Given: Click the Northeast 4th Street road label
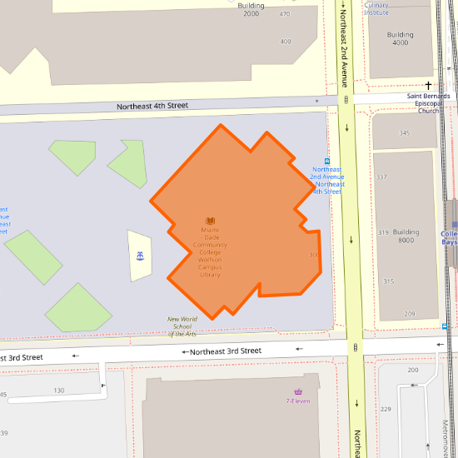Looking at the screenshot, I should (152, 106).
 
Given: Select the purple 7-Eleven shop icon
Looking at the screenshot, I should (298, 391).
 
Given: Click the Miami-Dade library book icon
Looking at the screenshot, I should (210, 221).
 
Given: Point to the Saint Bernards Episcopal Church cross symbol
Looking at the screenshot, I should (430, 86).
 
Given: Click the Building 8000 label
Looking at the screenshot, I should (406, 236).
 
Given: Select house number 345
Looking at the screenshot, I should (405, 133).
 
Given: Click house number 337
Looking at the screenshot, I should (382, 177).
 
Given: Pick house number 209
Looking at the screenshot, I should (410, 314).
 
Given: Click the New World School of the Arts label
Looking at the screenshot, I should (182, 326).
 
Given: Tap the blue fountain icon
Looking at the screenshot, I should (140, 255).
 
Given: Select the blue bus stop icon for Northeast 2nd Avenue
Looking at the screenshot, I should (327, 162).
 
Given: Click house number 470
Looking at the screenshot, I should (286, 14).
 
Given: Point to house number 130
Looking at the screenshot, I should (59, 391).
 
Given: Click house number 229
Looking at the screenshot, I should (386, 409).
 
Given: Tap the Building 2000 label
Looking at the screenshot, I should (251, 10).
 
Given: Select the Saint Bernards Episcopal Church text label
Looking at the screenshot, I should (429, 103).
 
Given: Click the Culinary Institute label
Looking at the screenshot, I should (376, 8).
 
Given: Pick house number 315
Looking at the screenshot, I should (388, 281).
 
